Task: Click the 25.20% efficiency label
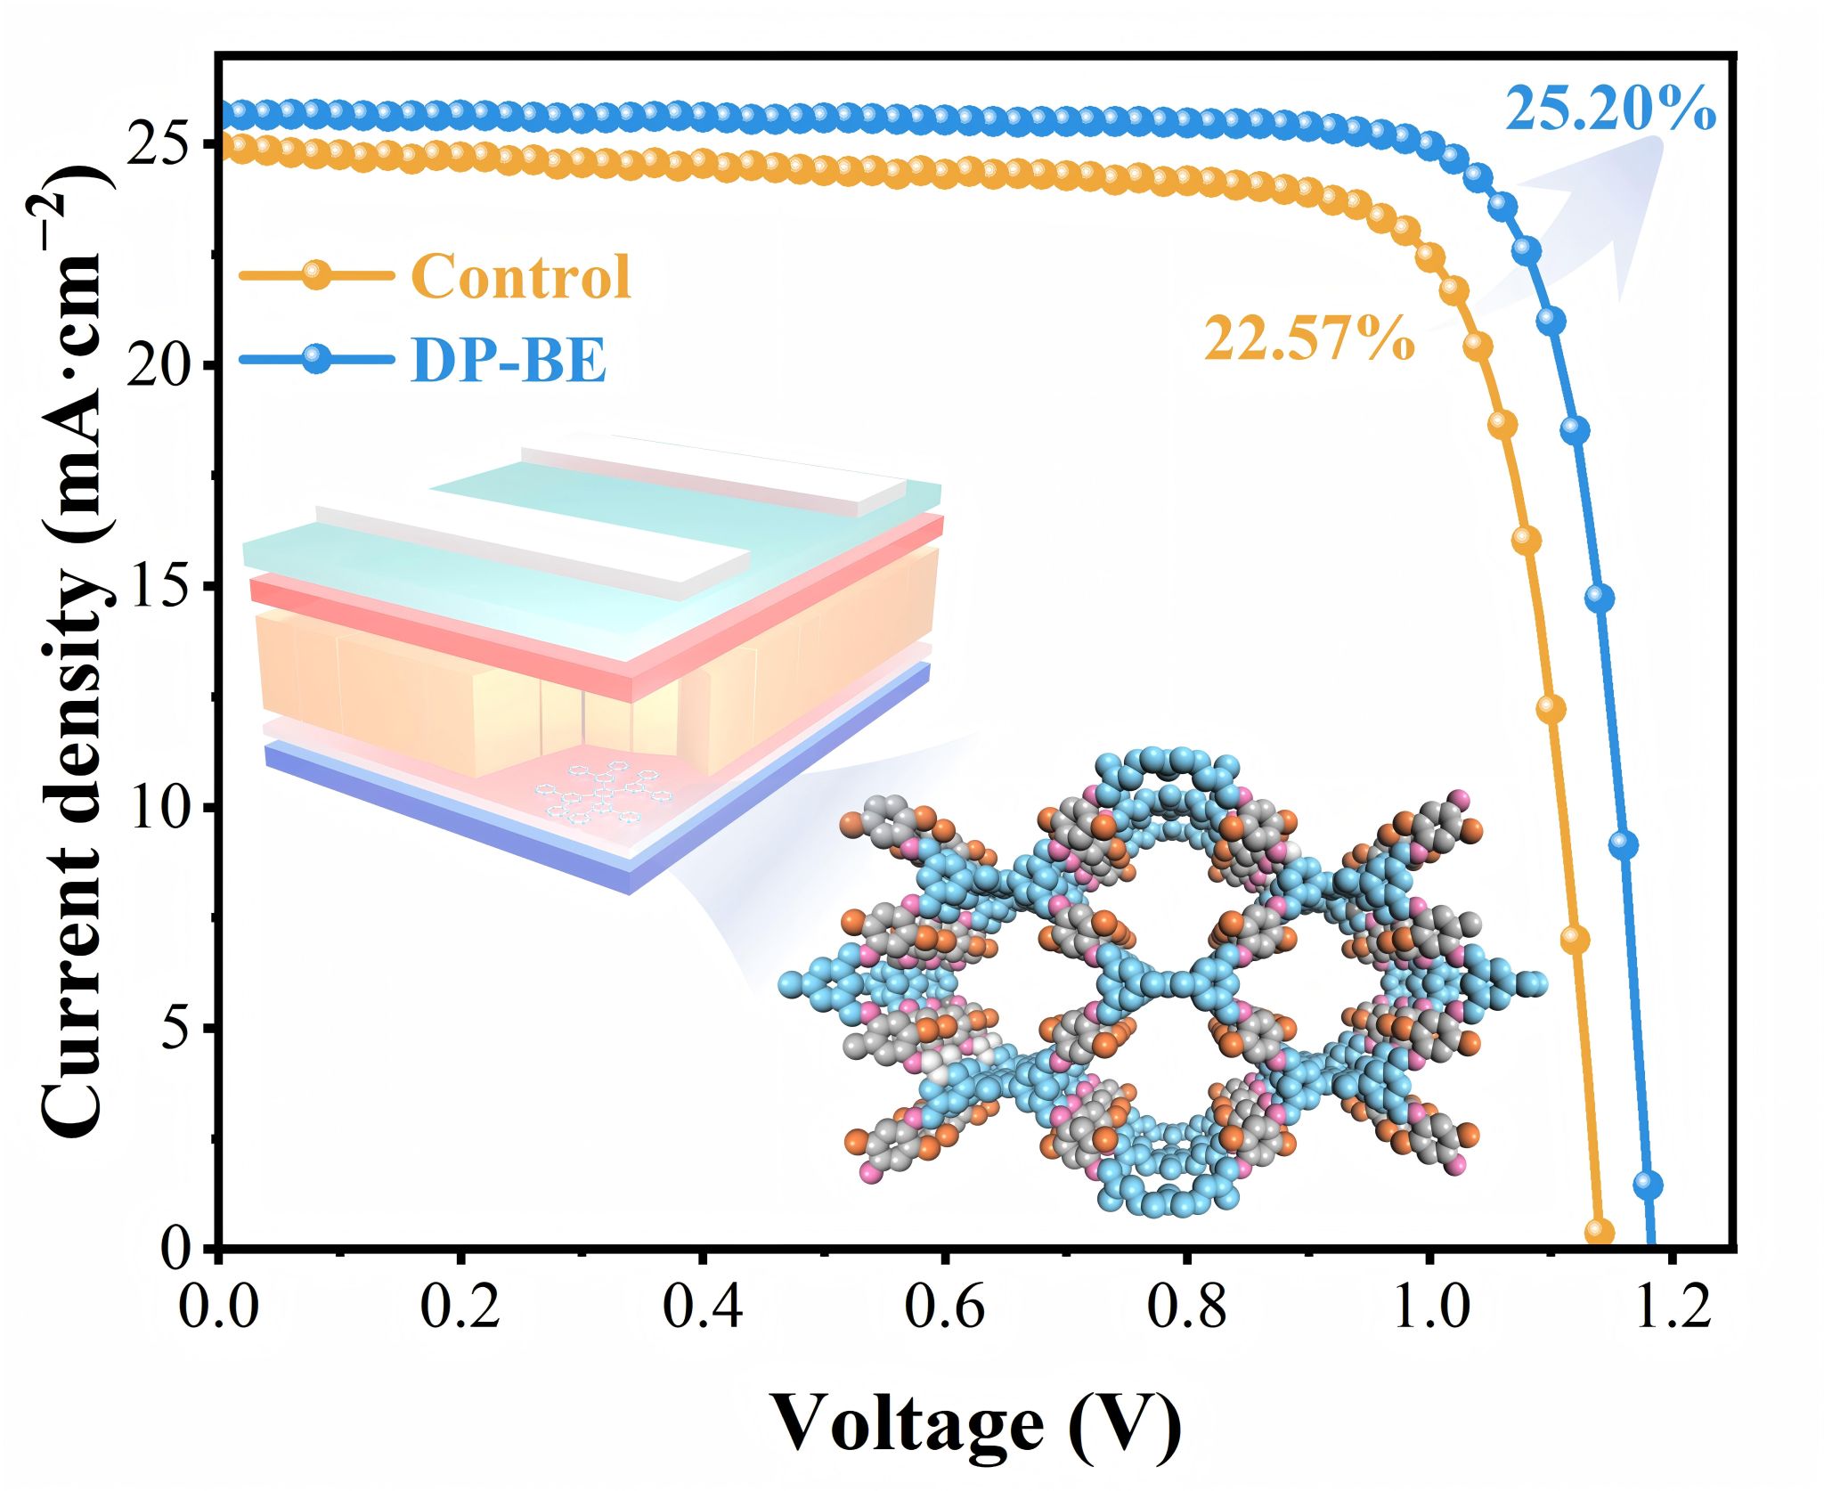point(1610,110)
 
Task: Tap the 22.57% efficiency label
point(1309,339)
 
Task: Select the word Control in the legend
point(521,275)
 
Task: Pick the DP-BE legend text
point(509,361)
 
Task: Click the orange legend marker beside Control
point(315,274)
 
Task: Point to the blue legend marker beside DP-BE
point(315,360)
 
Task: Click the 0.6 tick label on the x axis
point(945,1308)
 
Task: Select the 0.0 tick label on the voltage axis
point(219,1308)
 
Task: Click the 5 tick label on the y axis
point(178,1028)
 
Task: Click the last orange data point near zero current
point(1599,1232)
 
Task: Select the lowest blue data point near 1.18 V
point(1648,1185)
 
